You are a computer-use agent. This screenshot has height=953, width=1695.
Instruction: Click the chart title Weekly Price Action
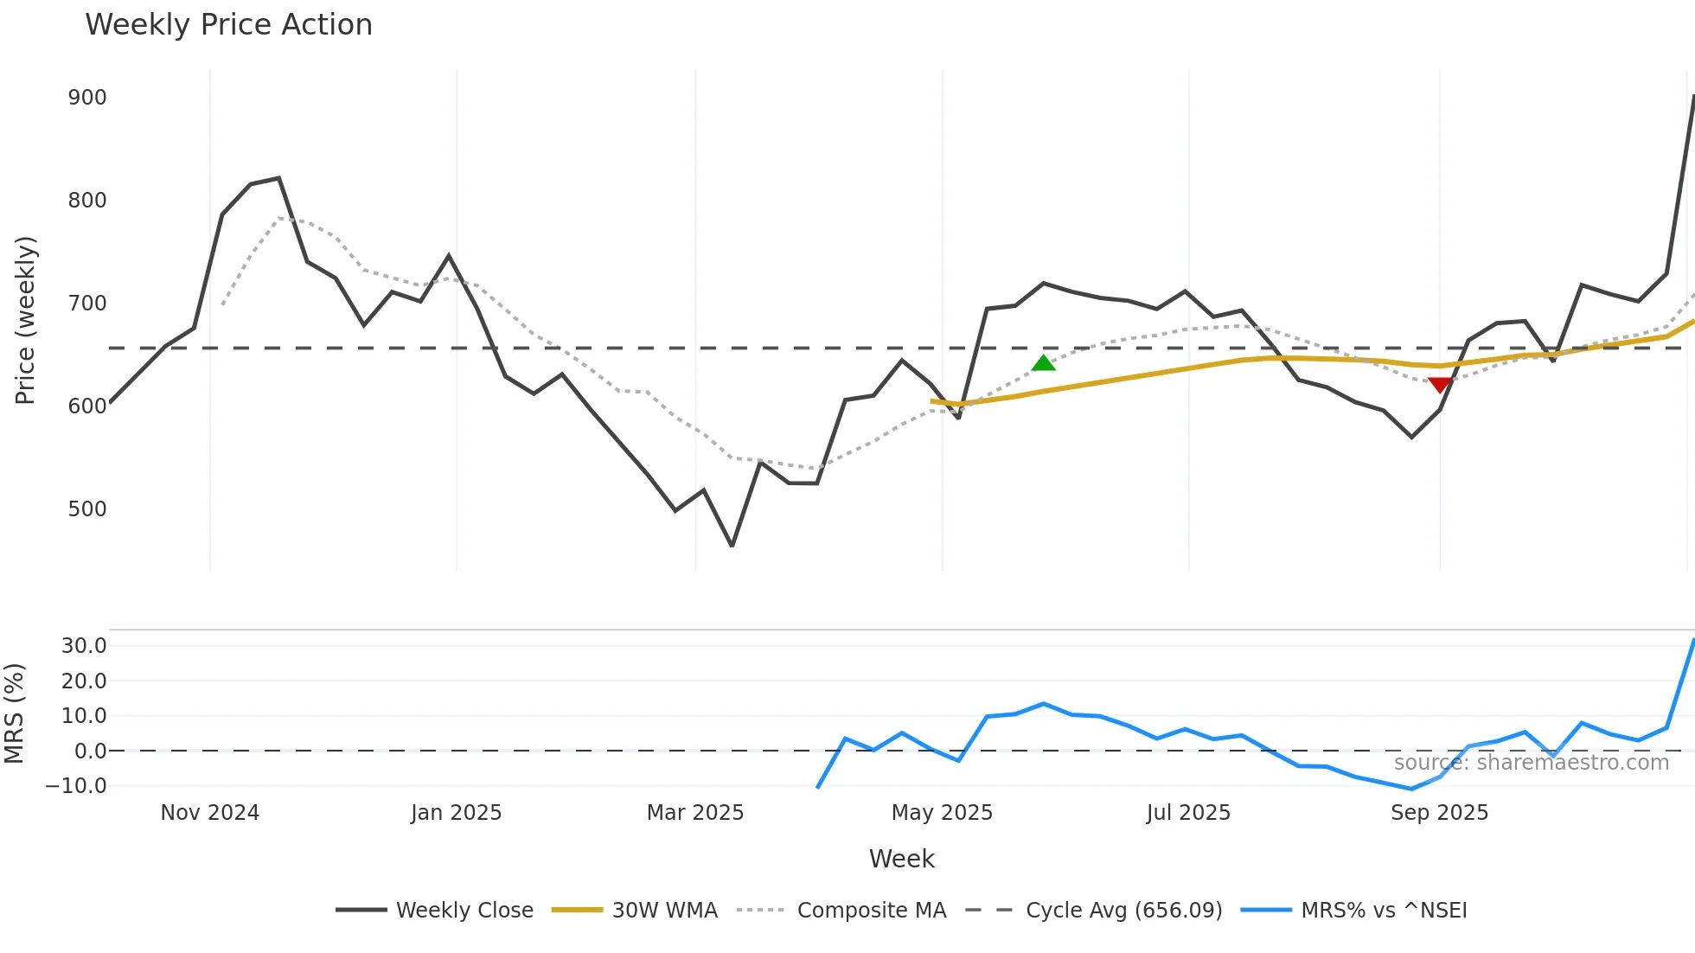(228, 25)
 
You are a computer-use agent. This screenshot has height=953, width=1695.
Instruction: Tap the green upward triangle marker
(1044, 363)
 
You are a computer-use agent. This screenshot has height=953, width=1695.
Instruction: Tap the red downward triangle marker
(1440, 385)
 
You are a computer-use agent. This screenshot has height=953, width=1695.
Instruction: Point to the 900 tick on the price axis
(87, 98)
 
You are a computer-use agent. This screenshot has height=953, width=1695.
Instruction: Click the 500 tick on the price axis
(87, 509)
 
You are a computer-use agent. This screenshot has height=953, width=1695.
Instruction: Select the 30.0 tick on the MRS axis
(84, 646)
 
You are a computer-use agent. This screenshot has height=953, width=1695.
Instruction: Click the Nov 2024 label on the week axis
(210, 813)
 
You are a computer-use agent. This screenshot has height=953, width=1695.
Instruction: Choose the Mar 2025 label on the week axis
(695, 813)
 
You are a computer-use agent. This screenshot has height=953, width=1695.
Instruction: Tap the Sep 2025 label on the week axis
(1439, 813)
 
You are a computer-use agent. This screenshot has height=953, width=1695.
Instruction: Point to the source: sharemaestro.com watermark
(1531, 763)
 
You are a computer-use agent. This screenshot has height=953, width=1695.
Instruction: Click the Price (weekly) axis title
(25, 320)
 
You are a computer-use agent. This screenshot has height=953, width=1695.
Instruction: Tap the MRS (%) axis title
(14, 713)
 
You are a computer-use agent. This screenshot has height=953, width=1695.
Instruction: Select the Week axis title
(901, 859)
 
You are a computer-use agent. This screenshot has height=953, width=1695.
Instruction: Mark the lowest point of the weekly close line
(732, 546)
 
